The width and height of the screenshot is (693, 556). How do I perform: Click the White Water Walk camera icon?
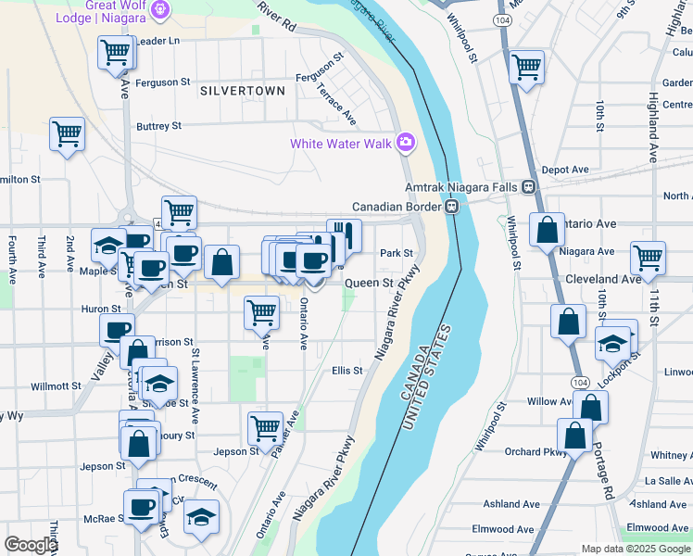(x=405, y=143)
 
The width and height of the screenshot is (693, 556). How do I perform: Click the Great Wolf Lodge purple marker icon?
(x=161, y=10)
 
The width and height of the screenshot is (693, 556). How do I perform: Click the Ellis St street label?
(x=346, y=371)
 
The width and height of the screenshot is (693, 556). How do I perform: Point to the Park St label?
(x=396, y=253)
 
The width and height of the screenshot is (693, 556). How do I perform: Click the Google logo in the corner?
(x=31, y=545)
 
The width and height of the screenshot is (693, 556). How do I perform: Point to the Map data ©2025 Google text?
(x=635, y=549)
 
